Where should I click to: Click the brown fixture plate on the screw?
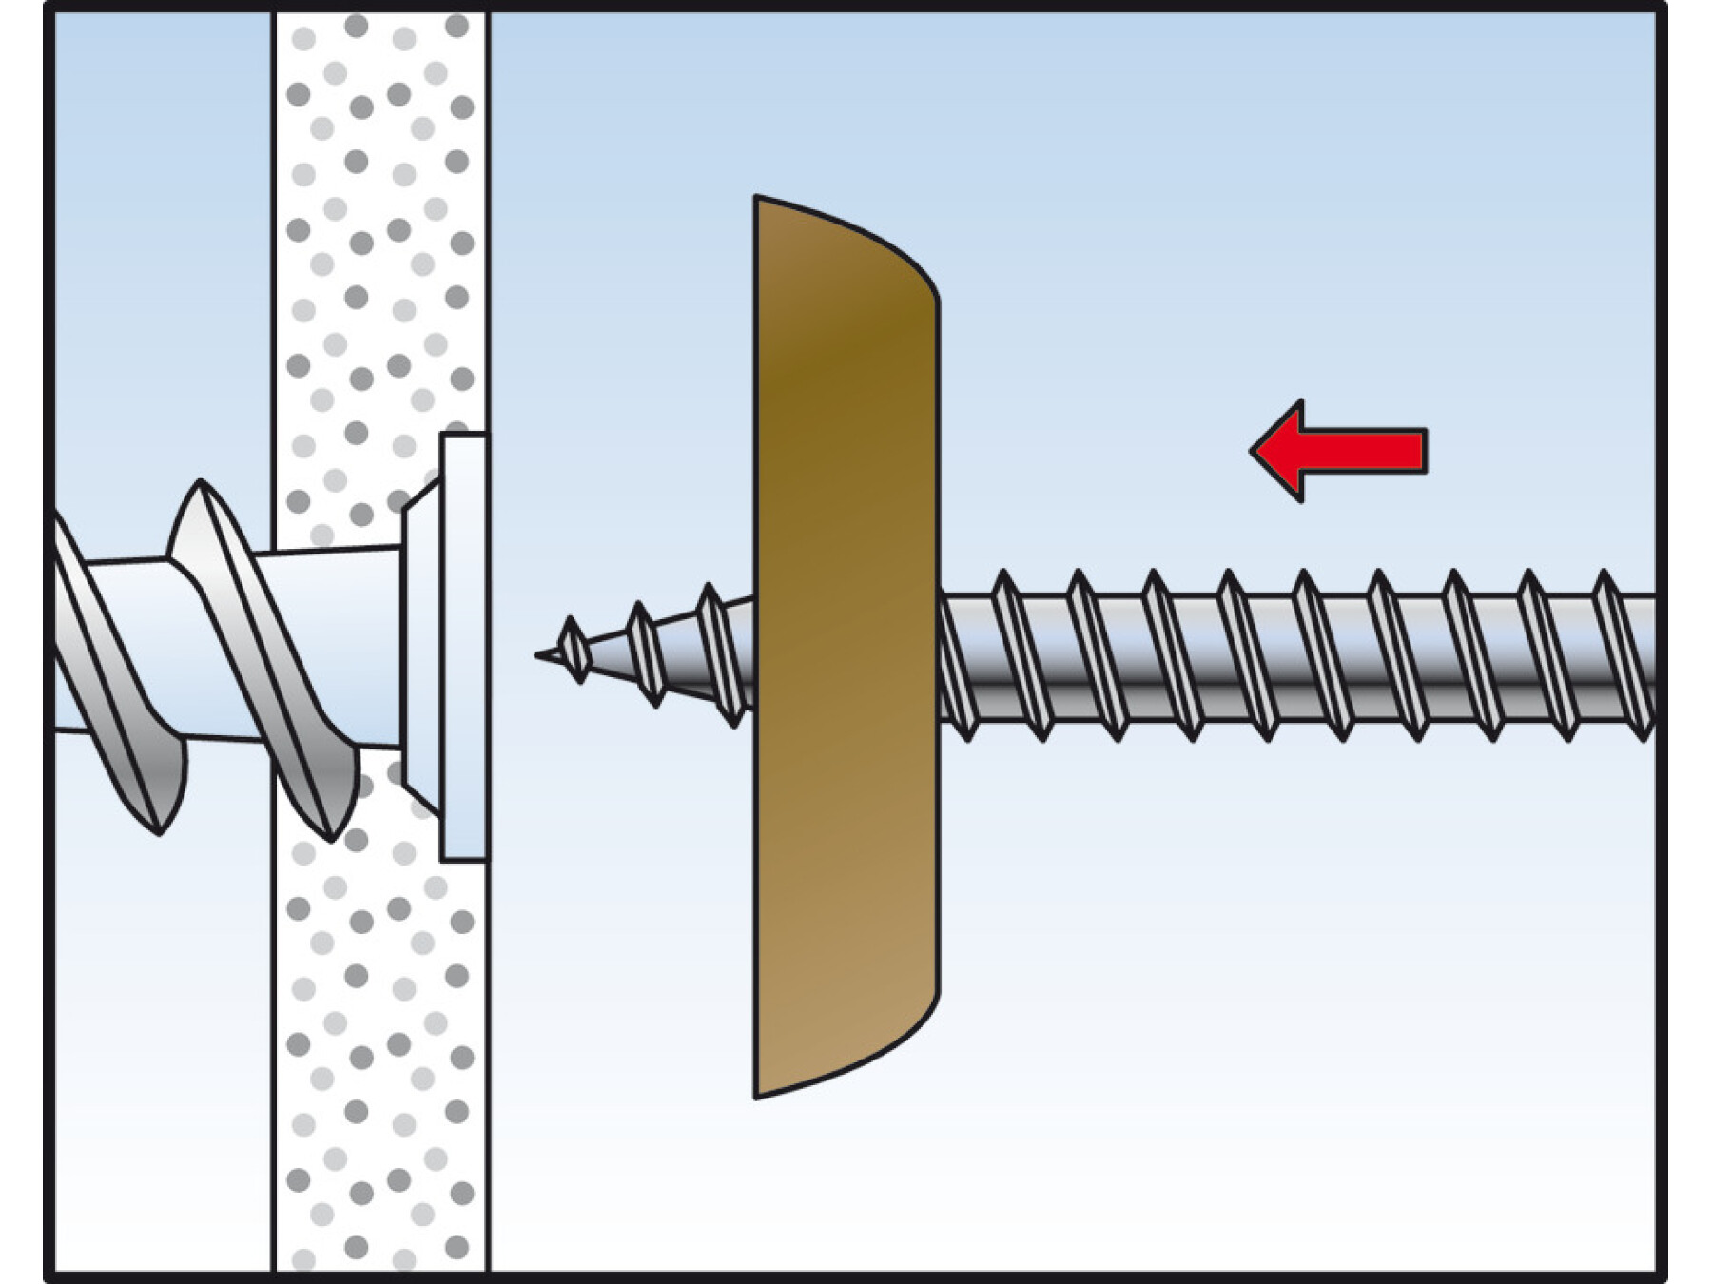(x=842, y=647)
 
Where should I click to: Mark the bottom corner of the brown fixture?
(x=757, y=1095)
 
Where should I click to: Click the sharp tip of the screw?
(x=538, y=653)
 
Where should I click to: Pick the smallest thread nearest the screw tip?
(x=573, y=650)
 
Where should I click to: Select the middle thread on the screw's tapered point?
(x=644, y=653)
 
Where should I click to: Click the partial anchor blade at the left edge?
(x=105, y=666)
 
